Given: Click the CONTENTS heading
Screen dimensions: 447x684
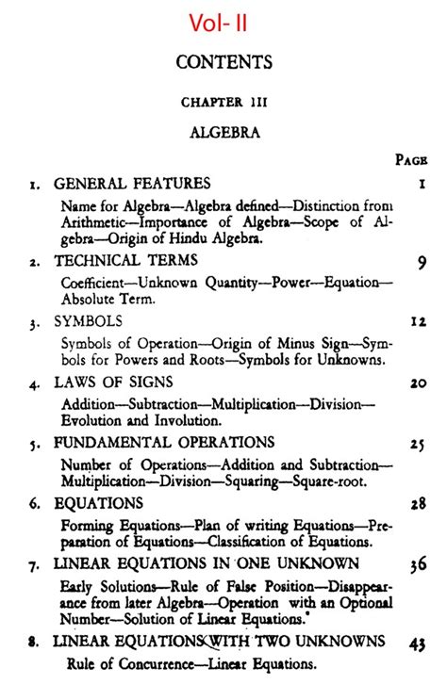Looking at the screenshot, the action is [x=223, y=63].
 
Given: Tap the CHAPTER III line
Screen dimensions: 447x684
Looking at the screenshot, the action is [x=223, y=102].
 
